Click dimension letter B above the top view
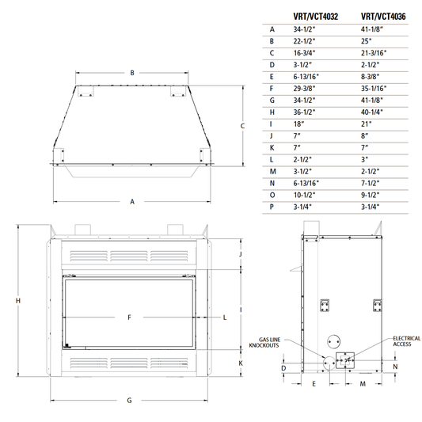click(x=131, y=73)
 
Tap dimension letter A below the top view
click(x=131, y=202)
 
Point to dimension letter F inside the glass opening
click(x=129, y=317)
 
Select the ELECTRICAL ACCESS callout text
click(x=406, y=341)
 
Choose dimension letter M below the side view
click(x=363, y=383)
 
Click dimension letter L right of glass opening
click(x=225, y=317)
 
